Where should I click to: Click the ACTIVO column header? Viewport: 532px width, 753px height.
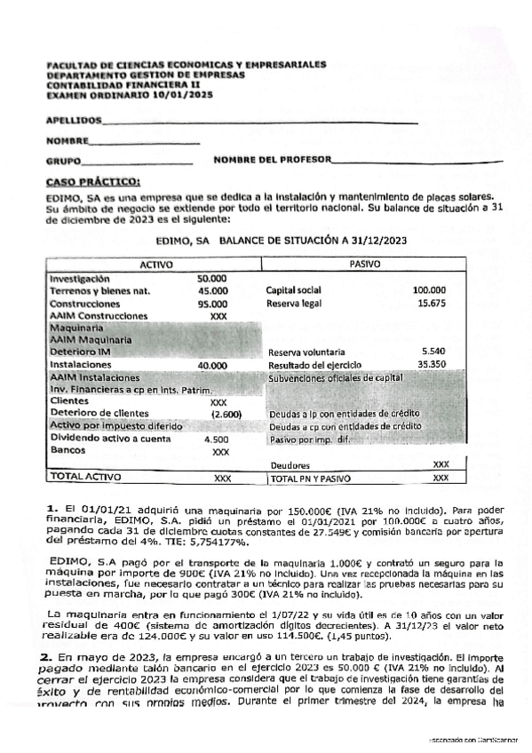(x=156, y=265)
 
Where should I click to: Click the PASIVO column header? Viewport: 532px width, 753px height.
(x=365, y=265)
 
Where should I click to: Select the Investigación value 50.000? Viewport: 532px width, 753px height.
(x=211, y=278)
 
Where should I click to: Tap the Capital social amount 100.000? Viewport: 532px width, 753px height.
(x=429, y=290)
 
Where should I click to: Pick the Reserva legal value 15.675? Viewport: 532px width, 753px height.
(x=431, y=304)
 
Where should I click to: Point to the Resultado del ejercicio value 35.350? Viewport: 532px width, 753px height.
(x=431, y=364)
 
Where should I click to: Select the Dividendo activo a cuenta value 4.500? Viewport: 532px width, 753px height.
(x=216, y=439)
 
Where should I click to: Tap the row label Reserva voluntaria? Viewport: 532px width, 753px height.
(x=306, y=353)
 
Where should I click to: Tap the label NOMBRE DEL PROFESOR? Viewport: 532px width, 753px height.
(x=270, y=160)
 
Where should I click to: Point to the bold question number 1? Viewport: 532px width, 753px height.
(x=52, y=505)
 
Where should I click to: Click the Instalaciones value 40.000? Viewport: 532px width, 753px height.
(x=212, y=365)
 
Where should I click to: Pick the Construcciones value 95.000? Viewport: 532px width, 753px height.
(x=211, y=303)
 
